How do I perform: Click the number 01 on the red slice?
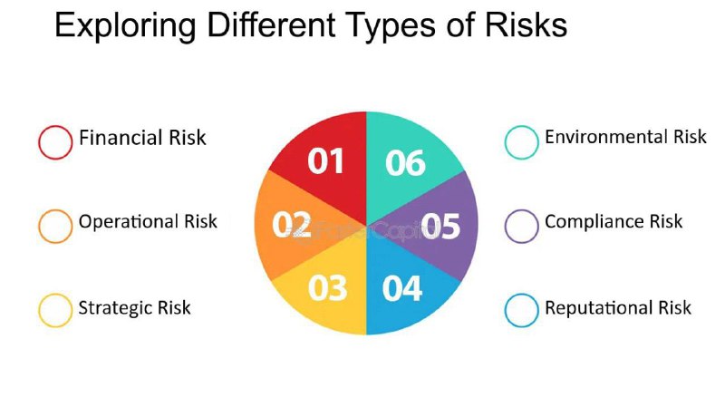point(325,161)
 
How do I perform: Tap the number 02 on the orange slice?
point(291,224)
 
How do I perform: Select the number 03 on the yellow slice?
point(327,287)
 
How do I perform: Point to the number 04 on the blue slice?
point(402,288)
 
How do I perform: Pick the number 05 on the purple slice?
point(440,226)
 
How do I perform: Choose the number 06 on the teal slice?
point(405,163)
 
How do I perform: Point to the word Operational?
point(129,221)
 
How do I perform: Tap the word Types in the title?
point(391,26)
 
